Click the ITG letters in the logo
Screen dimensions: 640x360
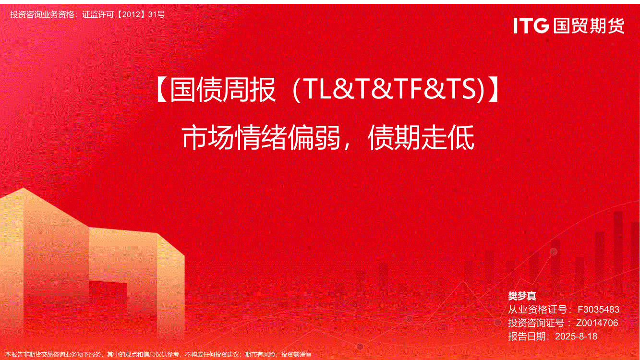pos(531,25)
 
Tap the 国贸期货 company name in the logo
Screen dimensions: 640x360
pos(589,25)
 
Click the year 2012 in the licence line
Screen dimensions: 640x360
pos(131,14)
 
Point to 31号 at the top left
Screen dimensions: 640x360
pos(157,14)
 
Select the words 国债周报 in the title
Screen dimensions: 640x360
pos(223,89)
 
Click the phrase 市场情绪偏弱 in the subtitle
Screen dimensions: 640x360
pos(261,137)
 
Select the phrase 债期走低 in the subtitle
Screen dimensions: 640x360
pos(421,137)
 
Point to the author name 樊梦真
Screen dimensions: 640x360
pos(522,296)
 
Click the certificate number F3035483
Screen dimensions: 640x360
pos(598,310)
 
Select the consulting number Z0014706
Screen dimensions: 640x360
pos(597,323)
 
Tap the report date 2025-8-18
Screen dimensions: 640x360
pos(576,336)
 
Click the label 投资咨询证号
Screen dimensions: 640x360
pos(536,323)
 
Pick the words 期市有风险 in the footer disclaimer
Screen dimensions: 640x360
pos(260,355)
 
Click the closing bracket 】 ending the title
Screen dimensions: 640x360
pos(492,89)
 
